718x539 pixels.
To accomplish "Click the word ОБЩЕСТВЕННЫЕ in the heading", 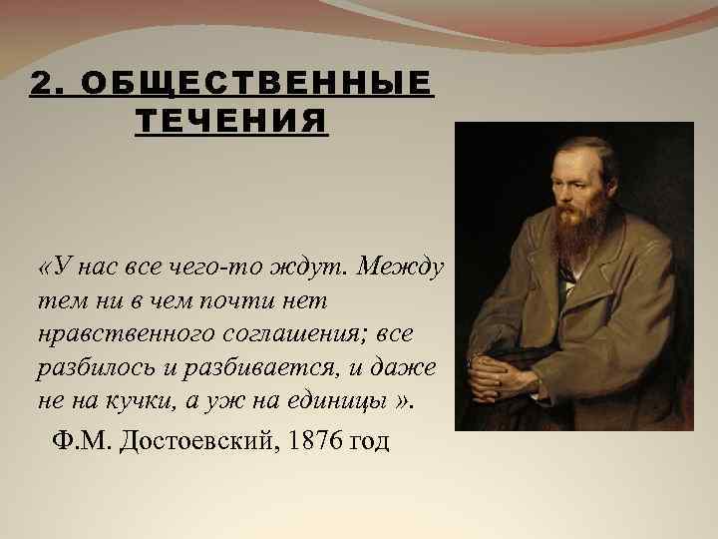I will point(257,84).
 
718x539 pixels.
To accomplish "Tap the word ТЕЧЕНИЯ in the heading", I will point(230,121).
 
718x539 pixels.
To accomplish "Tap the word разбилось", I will point(90,366).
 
